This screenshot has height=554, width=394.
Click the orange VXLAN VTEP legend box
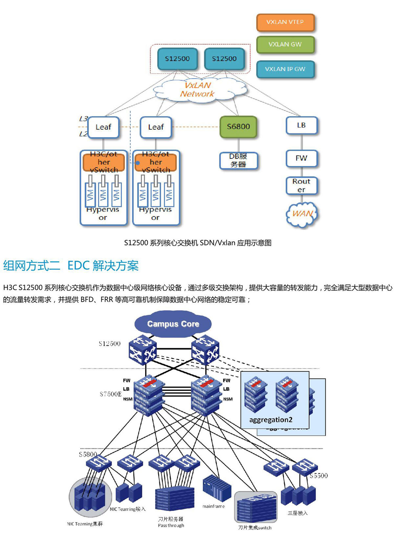(285, 22)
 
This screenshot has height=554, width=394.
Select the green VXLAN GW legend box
(285, 44)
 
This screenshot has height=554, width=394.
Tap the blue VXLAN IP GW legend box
(285, 69)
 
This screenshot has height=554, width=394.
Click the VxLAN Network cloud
(198, 90)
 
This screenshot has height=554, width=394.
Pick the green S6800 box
(238, 127)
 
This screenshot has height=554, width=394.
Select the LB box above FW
(301, 125)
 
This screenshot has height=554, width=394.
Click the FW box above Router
(301, 158)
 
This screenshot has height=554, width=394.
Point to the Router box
(301, 186)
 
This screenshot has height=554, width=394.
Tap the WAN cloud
(302, 214)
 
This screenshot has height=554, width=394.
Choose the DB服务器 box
(238, 160)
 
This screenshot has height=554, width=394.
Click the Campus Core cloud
(173, 324)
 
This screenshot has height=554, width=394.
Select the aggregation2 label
(271, 420)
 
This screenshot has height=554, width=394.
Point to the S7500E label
(110, 394)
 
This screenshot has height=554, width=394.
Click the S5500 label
(318, 475)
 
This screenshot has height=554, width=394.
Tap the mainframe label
(213, 506)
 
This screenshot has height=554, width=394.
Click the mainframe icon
(217, 489)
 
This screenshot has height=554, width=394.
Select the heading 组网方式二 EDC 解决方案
(71, 265)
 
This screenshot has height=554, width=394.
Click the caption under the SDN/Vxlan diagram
(198, 243)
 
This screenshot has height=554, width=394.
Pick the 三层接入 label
(297, 513)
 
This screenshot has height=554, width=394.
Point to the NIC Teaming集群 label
(85, 524)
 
